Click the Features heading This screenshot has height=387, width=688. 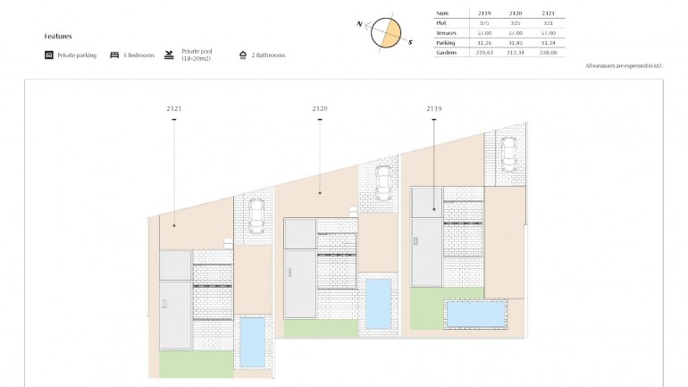(57, 37)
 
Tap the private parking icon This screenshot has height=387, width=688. (49, 55)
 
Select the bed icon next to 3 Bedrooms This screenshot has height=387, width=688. (114, 55)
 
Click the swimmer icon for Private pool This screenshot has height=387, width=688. (169, 55)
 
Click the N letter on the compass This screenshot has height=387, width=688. (359, 24)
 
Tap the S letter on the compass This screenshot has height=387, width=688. (410, 41)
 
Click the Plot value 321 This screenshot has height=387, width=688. (549, 23)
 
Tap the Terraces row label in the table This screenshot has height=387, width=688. (447, 33)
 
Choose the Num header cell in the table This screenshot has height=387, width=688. (441, 13)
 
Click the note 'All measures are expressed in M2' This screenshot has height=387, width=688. (624, 66)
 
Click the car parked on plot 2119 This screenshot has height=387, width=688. (508, 153)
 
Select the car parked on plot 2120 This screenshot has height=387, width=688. (382, 183)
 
